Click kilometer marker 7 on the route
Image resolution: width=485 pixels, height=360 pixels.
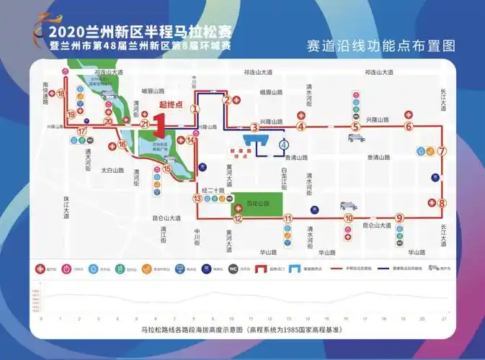[x=442, y=151]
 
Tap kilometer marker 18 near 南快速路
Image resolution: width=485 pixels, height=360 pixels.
[x=61, y=94]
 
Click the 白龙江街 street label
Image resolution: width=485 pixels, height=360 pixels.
[x=285, y=178]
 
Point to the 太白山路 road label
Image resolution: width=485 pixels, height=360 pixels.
[x=112, y=171]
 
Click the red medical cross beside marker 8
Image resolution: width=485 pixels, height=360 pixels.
[x=431, y=203]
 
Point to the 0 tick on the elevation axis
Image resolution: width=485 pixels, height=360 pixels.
[x=42, y=318]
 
